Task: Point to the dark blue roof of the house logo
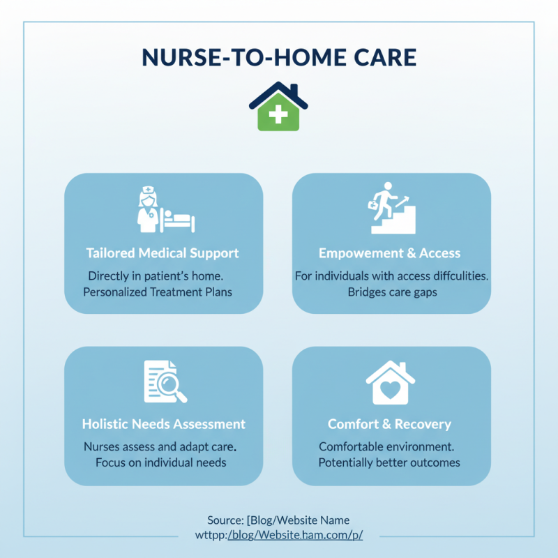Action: point(278,92)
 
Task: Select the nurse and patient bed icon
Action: point(165,210)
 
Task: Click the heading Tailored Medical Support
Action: point(163,253)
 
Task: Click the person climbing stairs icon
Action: point(392,207)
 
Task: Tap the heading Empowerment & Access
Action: point(389,253)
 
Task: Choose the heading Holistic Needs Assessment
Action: point(164,424)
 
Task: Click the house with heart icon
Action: point(390,383)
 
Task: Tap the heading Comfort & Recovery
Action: point(389,424)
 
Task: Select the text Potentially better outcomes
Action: point(389,462)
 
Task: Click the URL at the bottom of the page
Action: point(279,535)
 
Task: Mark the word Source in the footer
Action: point(224,520)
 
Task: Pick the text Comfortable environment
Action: point(387,446)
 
